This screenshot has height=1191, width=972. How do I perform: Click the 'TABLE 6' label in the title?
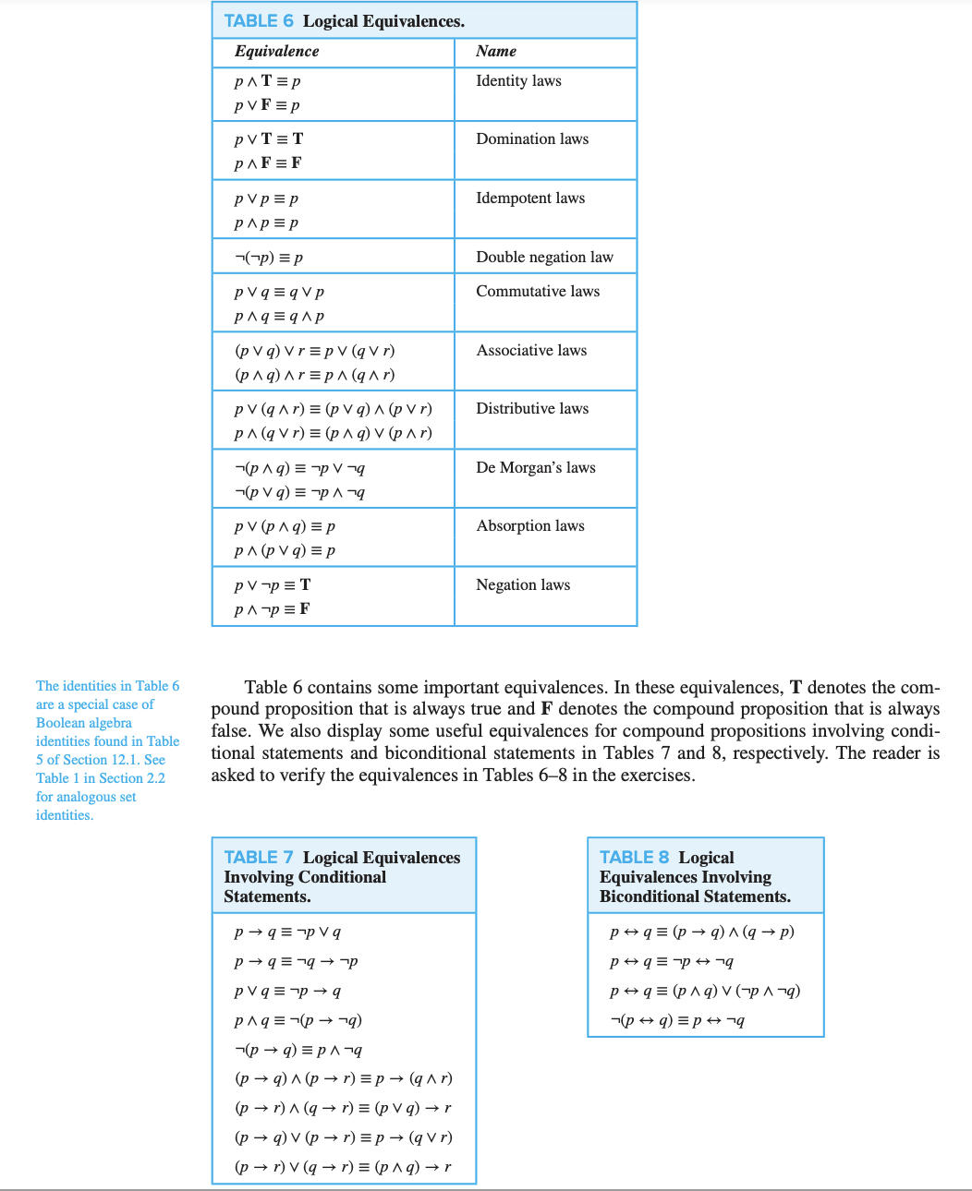click(x=259, y=21)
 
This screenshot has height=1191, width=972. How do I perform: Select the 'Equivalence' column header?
click(x=276, y=52)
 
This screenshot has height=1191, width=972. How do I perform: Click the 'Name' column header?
click(x=496, y=52)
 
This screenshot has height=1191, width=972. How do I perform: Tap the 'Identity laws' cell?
click(x=518, y=81)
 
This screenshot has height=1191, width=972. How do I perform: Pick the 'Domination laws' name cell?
click(x=532, y=139)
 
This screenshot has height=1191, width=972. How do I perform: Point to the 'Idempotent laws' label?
click(x=530, y=198)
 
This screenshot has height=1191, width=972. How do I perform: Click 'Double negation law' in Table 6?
click(x=544, y=258)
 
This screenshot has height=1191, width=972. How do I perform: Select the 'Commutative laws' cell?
click(x=538, y=292)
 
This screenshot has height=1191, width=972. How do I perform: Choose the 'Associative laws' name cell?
click(x=531, y=351)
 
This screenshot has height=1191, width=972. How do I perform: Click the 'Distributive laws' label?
click(x=532, y=409)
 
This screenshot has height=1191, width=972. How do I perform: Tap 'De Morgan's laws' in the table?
click(x=536, y=468)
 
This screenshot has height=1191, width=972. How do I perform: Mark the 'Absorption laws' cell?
click(x=530, y=526)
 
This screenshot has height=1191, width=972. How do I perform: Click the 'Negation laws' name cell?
click(x=523, y=585)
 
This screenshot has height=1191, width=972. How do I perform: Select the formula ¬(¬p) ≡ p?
click(x=269, y=258)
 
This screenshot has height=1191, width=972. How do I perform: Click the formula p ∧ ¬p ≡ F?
click(x=272, y=609)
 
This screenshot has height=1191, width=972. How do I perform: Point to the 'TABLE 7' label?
click(x=259, y=858)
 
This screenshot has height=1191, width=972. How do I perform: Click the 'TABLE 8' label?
click(x=634, y=858)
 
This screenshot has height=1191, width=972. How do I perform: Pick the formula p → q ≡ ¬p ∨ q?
click(x=287, y=932)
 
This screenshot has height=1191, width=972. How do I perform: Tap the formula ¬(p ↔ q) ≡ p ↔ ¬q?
click(x=677, y=1020)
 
